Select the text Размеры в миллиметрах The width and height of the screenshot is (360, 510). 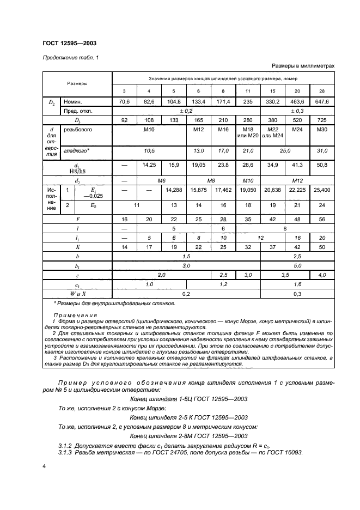tap(303, 66)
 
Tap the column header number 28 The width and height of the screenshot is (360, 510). tap(322, 91)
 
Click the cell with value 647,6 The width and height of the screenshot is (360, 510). tap(322, 101)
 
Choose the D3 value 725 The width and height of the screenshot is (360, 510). tap(322, 120)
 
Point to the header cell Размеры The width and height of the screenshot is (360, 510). tap(77, 84)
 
